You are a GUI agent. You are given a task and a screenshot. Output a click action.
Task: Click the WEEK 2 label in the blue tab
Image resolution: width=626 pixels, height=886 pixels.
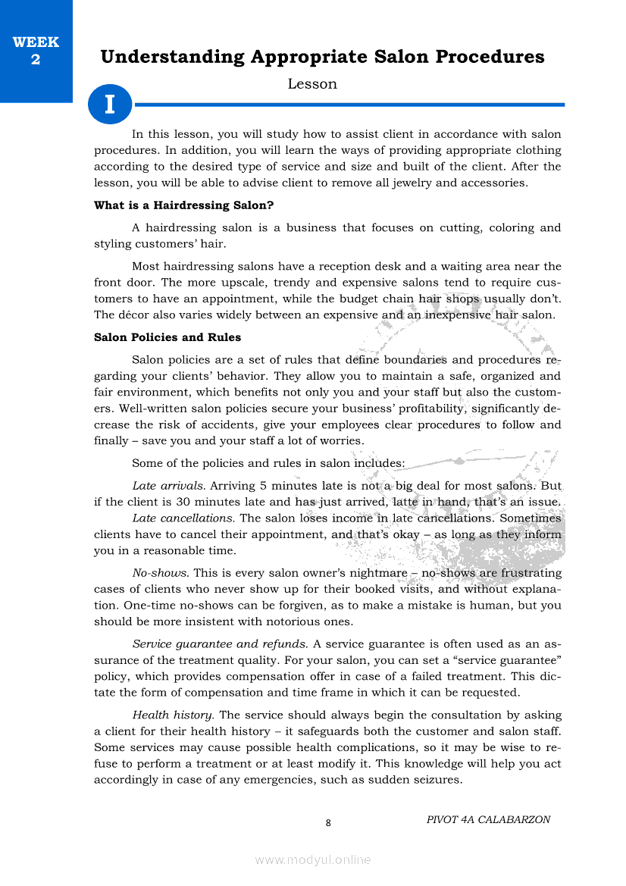(x=36, y=51)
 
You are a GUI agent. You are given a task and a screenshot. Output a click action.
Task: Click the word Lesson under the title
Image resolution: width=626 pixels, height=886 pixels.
(x=312, y=84)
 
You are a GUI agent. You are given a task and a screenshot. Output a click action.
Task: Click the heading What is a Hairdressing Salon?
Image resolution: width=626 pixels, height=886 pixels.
(x=183, y=205)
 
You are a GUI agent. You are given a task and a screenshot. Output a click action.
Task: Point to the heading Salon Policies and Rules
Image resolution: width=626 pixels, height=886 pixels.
(x=167, y=337)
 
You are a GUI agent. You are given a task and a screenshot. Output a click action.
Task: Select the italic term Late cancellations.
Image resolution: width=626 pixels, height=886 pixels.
(x=183, y=518)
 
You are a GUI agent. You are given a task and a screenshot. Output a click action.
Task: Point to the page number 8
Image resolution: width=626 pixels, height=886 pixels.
(x=327, y=823)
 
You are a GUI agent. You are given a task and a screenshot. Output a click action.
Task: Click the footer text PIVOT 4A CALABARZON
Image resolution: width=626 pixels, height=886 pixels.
(x=488, y=819)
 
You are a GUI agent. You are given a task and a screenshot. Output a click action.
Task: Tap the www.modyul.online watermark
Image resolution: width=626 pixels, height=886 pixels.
(x=313, y=859)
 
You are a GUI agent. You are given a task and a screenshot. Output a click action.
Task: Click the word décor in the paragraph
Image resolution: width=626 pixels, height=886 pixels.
(x=135, y=315)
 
